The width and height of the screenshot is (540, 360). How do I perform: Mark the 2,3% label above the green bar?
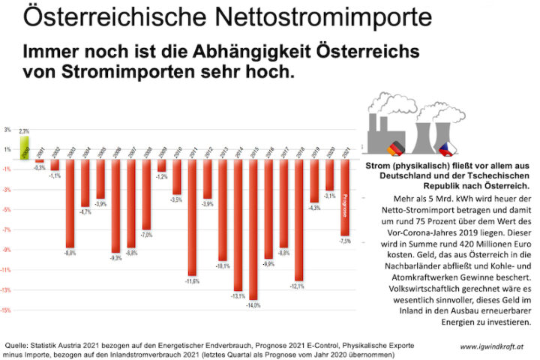[x=24, y=131]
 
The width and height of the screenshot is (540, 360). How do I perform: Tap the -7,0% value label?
[x=146, y=235]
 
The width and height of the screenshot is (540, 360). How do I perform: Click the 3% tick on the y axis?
[x=7, y=129]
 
